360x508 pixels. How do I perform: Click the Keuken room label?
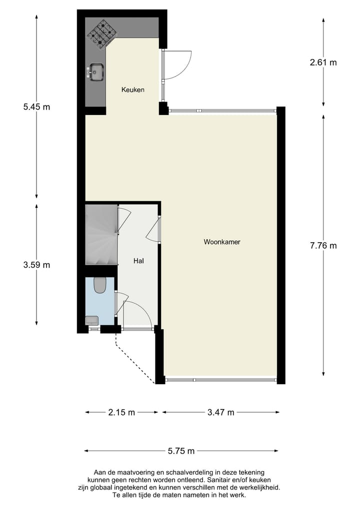132,90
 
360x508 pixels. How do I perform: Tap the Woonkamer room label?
222,242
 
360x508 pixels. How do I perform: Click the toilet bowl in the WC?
99,285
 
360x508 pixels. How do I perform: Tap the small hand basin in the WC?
91,320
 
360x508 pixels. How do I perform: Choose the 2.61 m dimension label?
323,62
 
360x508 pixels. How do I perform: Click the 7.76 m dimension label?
323,245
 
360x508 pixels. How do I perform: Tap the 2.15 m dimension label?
121,413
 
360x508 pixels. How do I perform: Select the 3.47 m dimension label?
220,413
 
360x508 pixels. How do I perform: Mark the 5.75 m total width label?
181,451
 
